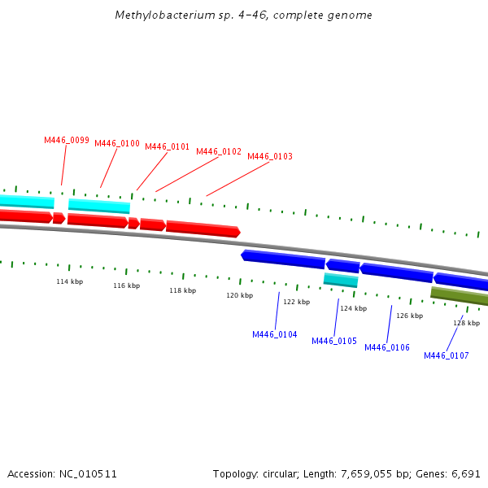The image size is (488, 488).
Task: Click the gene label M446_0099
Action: (x=67, y=140)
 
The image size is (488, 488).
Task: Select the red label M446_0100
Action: (x=117, y=144)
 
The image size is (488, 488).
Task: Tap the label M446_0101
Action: (x=168, y=147)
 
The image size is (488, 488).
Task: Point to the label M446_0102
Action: (x=219, y=151)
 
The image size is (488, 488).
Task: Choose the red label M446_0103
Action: (x=270, y=156)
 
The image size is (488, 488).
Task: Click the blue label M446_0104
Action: (x=275, y=334)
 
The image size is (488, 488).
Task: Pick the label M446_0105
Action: (x=334, y=341)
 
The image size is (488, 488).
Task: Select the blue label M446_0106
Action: (x=387, y=347)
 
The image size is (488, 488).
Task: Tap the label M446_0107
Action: (x=447, y=355)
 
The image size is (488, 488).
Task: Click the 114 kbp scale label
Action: (x=69, y=281)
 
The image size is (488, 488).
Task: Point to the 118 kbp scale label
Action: (x=182, y=290)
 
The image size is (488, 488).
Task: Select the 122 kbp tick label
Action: (x=296, y=302)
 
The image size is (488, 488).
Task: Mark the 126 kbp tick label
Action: (x=409, y=316)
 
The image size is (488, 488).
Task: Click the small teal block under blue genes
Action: (x=341, y=280)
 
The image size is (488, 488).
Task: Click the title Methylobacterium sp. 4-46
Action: (x=244, y=15)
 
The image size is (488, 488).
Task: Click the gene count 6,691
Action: (x=465, y=473)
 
